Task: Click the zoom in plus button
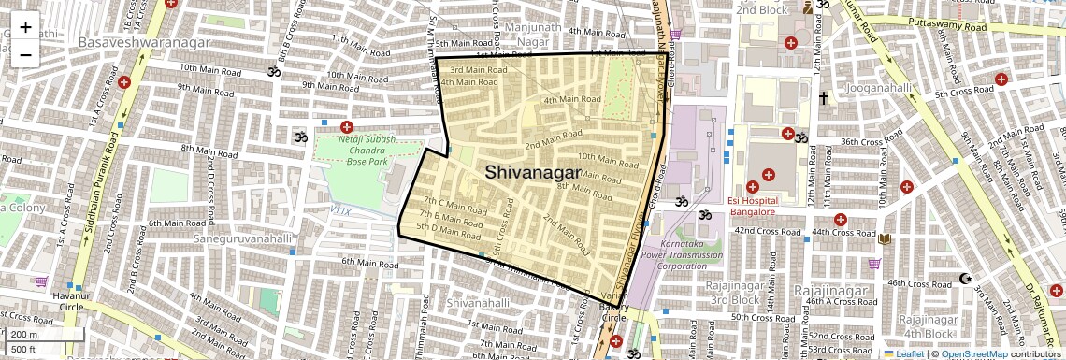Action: [x=25, y=27]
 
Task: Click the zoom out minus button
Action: [x=25, y=54]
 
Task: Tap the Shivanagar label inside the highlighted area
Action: [x=532, y=171]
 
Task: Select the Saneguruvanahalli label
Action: [x=247, y=239]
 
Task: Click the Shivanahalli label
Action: [x=479, y=303]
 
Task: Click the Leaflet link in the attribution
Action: [x=903, y=353]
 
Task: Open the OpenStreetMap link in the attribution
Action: [x=974, y=353]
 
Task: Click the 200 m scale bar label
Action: [x=23, y=335]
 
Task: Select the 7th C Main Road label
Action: [x=456, y=202]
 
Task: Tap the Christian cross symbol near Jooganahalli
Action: [x=824, y=97]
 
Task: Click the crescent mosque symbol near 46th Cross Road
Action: [x=966, y=279]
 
